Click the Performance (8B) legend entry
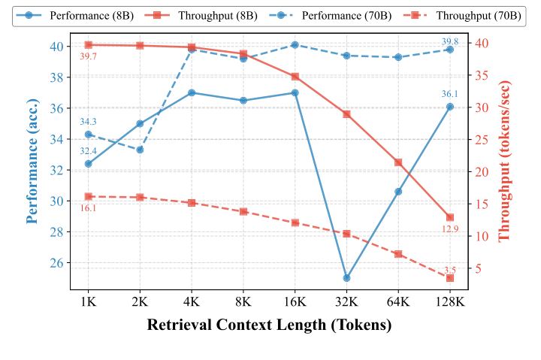tap(79, 16)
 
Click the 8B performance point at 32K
tap(346, 278)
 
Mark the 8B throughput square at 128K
tap(450, 217)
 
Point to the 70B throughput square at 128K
tap(450, 278)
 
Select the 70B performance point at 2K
tap(140, 150)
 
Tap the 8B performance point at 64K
tap(398, 192)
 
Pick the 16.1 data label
tap(89, 208)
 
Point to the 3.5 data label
tap(450, 269)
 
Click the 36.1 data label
tap(449, 95)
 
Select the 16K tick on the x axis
tap(295, 301)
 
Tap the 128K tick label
tap(450, 301)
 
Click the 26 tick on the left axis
tap(56, 263)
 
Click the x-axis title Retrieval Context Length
tap(270, 325)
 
